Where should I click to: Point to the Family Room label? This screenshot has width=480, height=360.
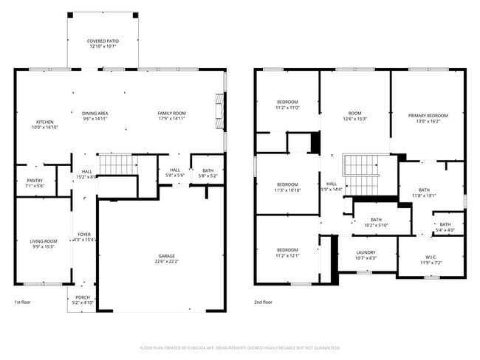tap(171, 115)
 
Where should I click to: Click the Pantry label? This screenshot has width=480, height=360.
tap(35, 182)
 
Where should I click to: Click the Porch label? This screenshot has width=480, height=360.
tap(83, 299)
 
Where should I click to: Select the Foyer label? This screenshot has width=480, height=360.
tap(84, 237)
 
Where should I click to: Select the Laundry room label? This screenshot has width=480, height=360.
tap(366, 255)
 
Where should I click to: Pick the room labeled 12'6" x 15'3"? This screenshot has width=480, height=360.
tap(354, 116)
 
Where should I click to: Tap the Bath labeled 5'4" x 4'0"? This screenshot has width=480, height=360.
tap(445, 226)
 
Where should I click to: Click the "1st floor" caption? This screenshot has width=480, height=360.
tap(22, 302)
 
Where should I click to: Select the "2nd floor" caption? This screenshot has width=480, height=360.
tap(264, 302)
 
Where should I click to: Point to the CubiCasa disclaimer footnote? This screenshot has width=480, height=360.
tap(239, 347)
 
